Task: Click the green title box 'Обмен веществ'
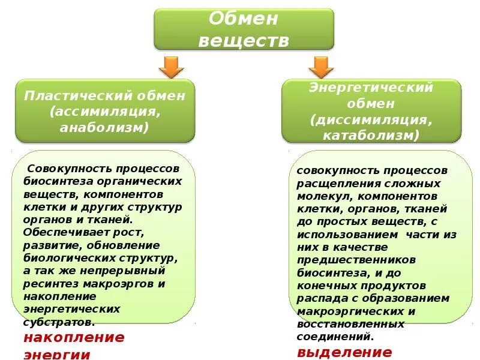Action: click(244, 29)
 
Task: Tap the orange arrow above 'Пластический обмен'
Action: click(172, 67)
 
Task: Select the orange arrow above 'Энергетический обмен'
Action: click(320, 67)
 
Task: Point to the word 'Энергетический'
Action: click(371, 88)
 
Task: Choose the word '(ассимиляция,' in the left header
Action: click(105, 112)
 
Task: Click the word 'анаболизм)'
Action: click(104, 127)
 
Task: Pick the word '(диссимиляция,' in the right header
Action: click(371, 119)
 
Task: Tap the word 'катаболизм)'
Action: click(371, 135)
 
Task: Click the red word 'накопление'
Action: click(74, 337)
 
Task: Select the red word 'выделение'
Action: click(344, 352)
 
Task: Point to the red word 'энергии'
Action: click(57, 354)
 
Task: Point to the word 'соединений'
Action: click(334, 337)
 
